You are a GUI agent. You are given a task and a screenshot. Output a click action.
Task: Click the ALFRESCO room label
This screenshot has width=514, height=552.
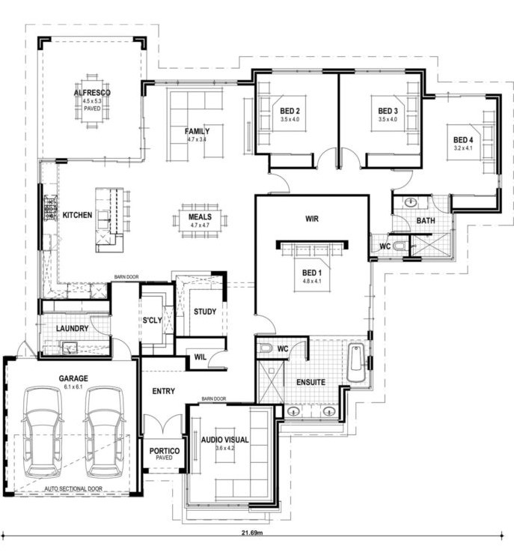pyautogui.click(x=92, y=93)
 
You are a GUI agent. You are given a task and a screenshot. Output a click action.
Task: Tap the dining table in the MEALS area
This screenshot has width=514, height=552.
pyautogui.click(x=200, y=221)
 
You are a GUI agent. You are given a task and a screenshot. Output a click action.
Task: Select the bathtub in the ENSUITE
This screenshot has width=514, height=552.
pyautogui.click(x=356, y=363)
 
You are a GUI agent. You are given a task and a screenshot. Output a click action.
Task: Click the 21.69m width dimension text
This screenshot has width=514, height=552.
pyautogui.click(x=252, y=532)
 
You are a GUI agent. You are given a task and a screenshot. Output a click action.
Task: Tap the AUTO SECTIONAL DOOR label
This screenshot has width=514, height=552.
pyautogui.click(x=73, y=488)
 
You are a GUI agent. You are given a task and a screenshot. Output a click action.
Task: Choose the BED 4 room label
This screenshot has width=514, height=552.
pyautogui.click(x=463, y=140)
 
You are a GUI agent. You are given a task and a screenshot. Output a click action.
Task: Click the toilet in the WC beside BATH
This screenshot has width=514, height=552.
pyautogui.click(x=399, y=246)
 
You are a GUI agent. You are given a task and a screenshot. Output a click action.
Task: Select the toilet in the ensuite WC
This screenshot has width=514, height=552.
pyautogui.click(x=266, y=348)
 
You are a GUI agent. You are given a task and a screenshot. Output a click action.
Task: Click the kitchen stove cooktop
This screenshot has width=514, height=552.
pyautogui.click(x=50, y=207)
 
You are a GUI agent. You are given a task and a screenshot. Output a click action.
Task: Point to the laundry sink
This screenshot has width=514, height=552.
pyautogui.click(x=70, y=348)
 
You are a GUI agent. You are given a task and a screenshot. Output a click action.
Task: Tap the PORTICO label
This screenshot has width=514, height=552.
pyautogui.click(x=164, y=451)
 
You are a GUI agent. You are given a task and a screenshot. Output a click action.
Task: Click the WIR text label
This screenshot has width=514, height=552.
pyautogui.click(x=312, y=219)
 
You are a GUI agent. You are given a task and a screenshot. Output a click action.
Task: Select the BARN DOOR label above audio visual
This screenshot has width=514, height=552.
pyautogui.click(x=214, y=399)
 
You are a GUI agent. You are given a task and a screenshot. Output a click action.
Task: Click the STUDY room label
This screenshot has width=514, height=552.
pyautogui.click(x=205, y=312)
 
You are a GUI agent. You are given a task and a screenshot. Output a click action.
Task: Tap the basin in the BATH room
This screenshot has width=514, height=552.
pyautogui.click(x=410, y=202)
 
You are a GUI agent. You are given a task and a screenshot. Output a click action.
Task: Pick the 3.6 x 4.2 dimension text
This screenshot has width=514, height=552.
pyautogui.click(x=224, y=448)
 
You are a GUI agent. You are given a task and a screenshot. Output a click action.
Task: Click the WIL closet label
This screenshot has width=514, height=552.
pyautogui.click(x=201, y=357)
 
